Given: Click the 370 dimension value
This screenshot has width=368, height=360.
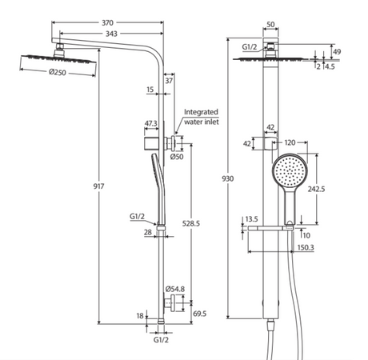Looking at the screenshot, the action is click(x=107, y=23).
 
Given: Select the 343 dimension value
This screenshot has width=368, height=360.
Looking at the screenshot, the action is click(x=111, y=34).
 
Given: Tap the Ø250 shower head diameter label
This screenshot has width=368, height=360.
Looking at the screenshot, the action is click(x=58, y=72).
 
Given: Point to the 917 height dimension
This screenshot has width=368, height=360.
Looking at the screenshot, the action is click(x=98, y=186).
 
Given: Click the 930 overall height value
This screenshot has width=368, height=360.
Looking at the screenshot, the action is click(x=228, y=178).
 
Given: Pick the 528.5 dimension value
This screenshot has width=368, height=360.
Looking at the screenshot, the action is click(x=191, y=223).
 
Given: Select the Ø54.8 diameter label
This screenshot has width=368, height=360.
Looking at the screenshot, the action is click(x=175, y=289).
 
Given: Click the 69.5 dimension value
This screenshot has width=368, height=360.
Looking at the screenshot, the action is click(x=200, y=314).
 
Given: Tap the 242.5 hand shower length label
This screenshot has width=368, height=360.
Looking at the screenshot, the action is click(x=317, y=189).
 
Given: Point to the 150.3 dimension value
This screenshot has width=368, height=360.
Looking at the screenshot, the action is click(x=306, y=247).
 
